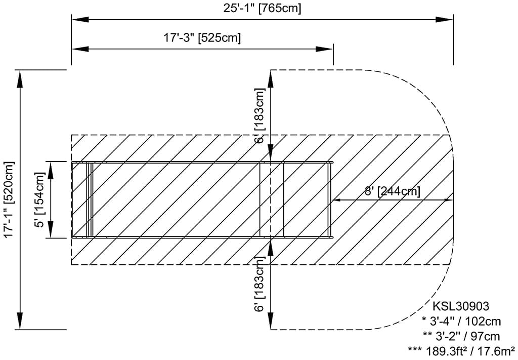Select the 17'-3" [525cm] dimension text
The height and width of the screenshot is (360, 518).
[x=202, y=37]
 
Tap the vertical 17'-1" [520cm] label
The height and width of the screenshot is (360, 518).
[x=9, y=199]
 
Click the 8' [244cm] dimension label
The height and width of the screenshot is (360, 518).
[x=392, y=191]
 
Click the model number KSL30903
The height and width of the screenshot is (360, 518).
[x=460, y=306]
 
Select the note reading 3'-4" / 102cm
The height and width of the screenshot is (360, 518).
[x=461, y=321]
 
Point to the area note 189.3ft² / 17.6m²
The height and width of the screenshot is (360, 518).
[x=461, y=350]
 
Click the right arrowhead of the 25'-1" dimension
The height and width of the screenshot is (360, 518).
[x=446, y=20]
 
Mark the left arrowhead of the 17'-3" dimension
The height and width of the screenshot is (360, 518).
[x=79, y=49]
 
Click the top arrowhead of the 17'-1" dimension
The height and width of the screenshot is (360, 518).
[x=20, y=76]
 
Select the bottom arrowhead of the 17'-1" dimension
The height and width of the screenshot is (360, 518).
[x=20, y=323]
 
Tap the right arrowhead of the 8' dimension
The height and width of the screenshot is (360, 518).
[x=445, y=200]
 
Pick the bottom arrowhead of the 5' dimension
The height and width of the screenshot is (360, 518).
[x=51, y=231]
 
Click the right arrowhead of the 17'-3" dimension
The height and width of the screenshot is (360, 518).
[x=326, y=49]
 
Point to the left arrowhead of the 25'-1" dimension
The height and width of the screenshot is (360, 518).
[x=79, y=20]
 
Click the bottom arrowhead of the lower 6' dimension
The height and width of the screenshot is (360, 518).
[x=271, y=323]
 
